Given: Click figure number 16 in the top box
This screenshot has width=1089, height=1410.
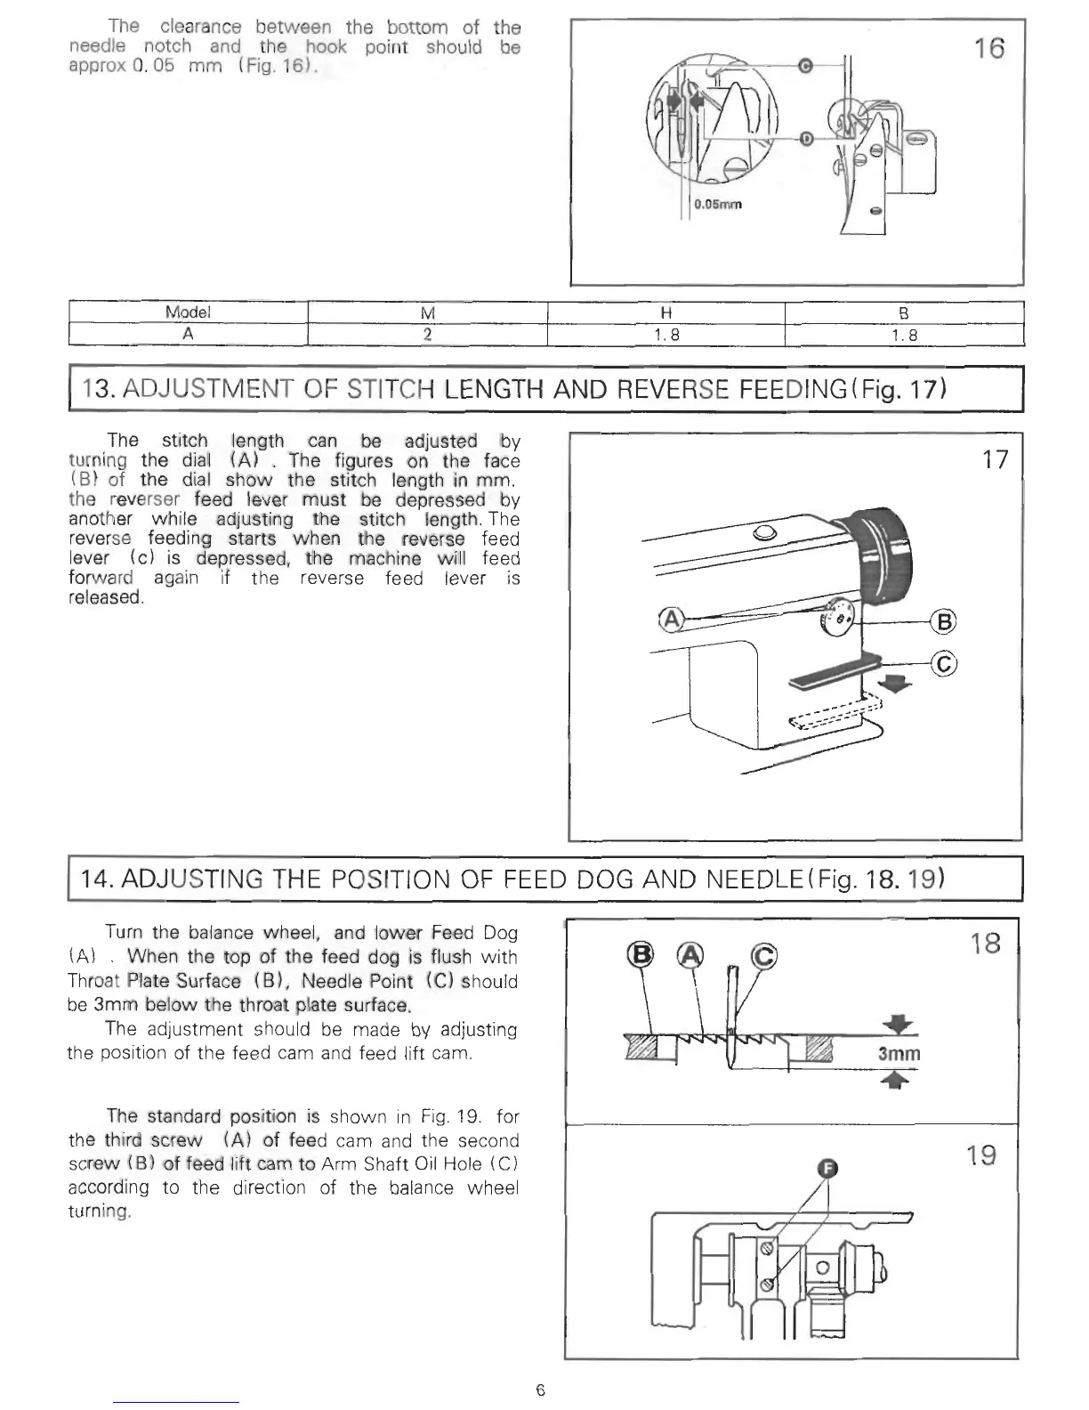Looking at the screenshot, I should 988,48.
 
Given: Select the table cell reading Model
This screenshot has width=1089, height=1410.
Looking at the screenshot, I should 188,312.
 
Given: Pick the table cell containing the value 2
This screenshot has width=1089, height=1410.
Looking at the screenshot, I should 427,335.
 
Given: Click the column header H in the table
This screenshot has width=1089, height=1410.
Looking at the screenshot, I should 665,312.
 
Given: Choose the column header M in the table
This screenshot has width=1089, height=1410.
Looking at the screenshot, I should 427,312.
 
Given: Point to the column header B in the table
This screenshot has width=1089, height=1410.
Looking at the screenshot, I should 904,312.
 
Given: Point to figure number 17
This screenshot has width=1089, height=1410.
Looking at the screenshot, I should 996,459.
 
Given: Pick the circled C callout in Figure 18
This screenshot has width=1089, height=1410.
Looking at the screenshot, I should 763,956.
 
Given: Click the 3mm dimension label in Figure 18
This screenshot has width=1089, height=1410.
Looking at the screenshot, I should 899,1055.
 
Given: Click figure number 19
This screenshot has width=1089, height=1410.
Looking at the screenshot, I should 981,1155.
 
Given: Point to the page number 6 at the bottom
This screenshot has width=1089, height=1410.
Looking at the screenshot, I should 540,1390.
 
